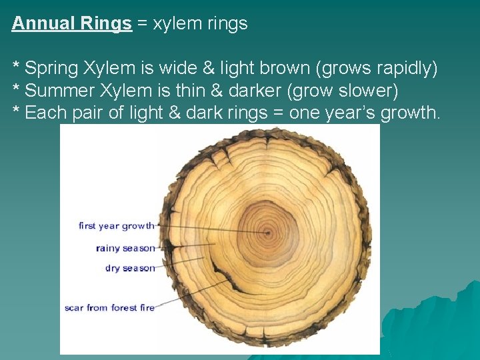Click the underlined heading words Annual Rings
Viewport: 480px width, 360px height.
click(71, 23)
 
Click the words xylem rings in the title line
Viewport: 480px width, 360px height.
click(200, 24)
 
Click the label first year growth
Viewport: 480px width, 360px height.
click(116, 226)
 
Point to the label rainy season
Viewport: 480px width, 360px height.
click(125, 248)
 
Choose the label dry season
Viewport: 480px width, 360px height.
click(130, 268)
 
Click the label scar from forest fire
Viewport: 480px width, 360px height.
click(109, 307)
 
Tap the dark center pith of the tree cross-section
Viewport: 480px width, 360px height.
click(268, 233)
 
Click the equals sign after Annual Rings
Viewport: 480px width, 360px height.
click(143, 24)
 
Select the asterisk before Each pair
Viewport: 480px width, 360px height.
click(17, 110)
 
